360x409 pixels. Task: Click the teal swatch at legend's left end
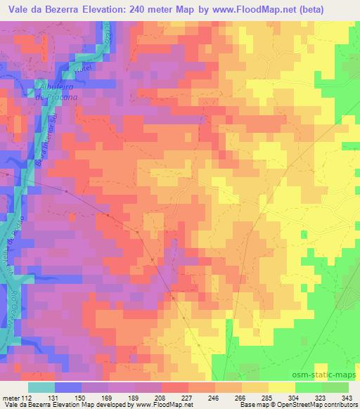click(41, 387)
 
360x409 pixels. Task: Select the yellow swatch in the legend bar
click(282, 387)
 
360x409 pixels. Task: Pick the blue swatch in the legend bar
click(68, 387)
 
